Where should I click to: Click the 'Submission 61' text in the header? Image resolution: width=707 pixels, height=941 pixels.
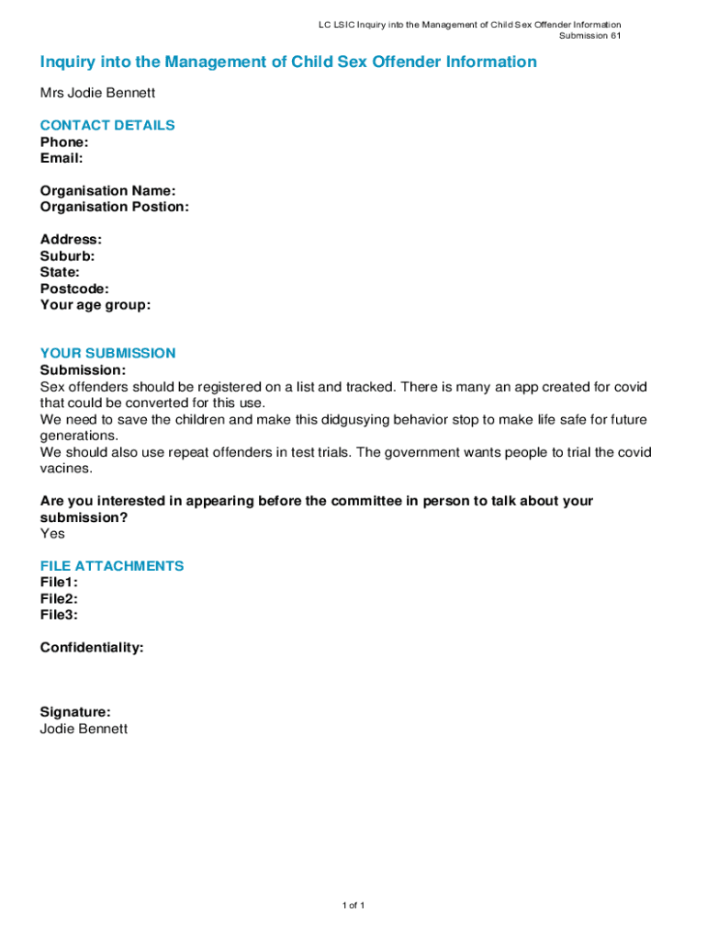pos(590,36)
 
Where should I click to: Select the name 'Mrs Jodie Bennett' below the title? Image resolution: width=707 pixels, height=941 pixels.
pos(97,93)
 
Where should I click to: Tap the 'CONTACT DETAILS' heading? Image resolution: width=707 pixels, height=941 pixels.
pos(107,125)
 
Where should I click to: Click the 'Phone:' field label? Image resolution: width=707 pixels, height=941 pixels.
pos(64,142)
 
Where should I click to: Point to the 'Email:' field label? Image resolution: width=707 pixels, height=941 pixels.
pos(62,158)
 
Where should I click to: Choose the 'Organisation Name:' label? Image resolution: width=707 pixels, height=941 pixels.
pos(107,191)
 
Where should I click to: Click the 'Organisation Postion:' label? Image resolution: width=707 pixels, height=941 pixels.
pos(115,207)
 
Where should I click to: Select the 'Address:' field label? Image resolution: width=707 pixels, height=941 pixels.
pos(71,240)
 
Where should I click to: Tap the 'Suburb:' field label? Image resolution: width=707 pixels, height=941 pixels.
pos(67,256)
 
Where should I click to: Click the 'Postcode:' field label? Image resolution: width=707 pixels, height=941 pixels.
pos(74,289)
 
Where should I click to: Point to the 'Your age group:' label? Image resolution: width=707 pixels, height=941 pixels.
pos(95,305)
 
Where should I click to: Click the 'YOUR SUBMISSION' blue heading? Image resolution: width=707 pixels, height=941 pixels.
pos(107,353)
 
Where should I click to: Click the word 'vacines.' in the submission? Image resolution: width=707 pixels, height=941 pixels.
pos(66,468)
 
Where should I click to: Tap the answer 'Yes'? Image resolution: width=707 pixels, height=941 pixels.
pos(52,533)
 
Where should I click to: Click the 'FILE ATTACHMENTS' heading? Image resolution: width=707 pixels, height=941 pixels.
pos(112,566)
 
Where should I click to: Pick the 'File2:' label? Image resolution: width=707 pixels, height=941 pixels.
pos(59,598)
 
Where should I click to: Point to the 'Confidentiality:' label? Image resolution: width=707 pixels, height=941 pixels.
pos(92,648)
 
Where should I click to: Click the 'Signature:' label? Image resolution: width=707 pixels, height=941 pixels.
pos(75,712)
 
